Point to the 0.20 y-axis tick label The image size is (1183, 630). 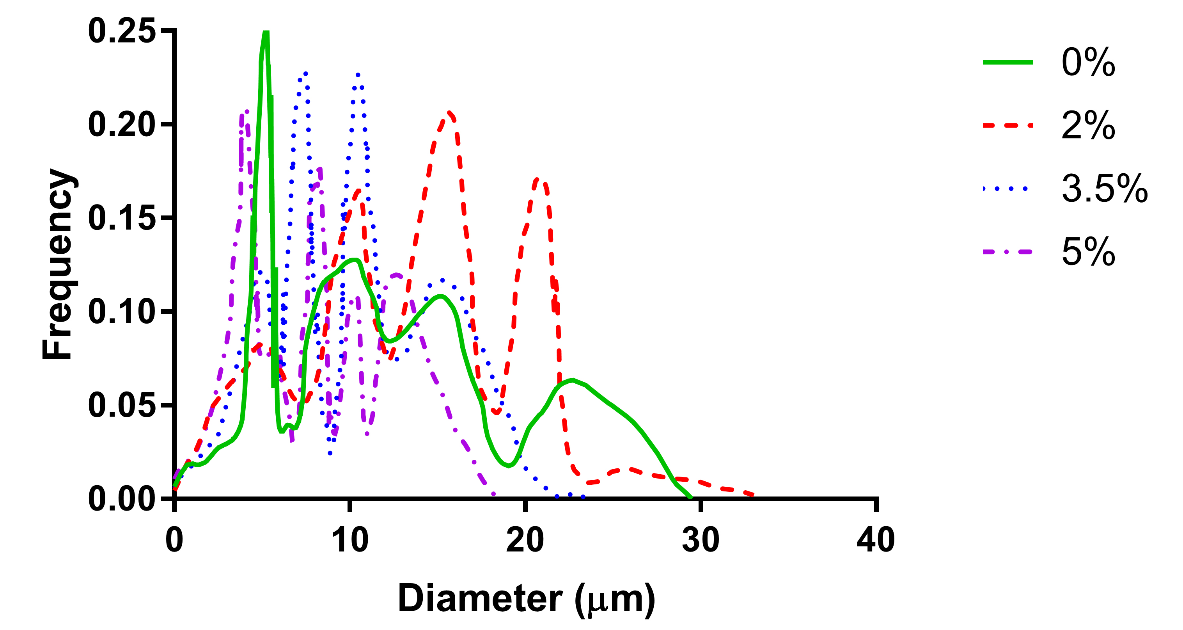pyautogui.click(x=122, y=125)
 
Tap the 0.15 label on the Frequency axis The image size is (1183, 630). pyautogui.click(x=122, y=218)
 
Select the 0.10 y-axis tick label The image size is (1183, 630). pyautogui.click(x=122, y=311)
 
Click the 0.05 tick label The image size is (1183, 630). pyautogui.click(x=122, y=405)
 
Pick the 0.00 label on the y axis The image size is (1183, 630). pyautogui.click(x=122, y=498)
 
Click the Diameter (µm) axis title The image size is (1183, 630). pyautogui.click(x=526, y=599)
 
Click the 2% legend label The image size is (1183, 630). pyautogui.click(x=1088, y=125)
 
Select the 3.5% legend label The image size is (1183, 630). pyautogui.click(x=1105, y=189)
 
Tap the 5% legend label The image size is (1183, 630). pyautogui.click(x=1088, y=252)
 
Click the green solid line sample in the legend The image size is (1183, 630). pyautogui.click(x=1007, y=62)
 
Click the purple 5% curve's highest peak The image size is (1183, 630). pyautogui.click(x=246, y=112)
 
